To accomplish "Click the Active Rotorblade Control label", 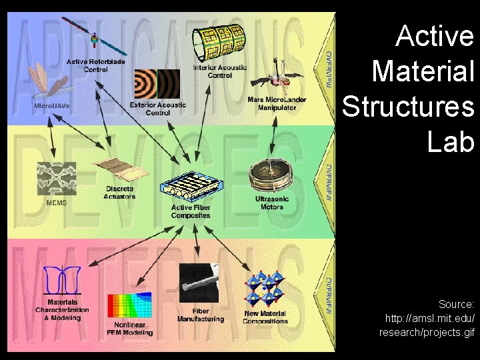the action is click(x=95, y=65).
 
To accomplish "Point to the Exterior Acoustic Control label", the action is click(x=158, y=109).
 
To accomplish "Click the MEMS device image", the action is click(x=57, y=178).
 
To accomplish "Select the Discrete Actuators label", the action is click(x=120, y=193).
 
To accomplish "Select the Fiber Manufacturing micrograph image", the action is click(x=199, y=284).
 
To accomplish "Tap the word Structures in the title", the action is click(x=408, y=105).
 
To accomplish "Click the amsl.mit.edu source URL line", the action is click(x=430, y=318).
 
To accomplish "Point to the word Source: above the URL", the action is click(x=456, y=304).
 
